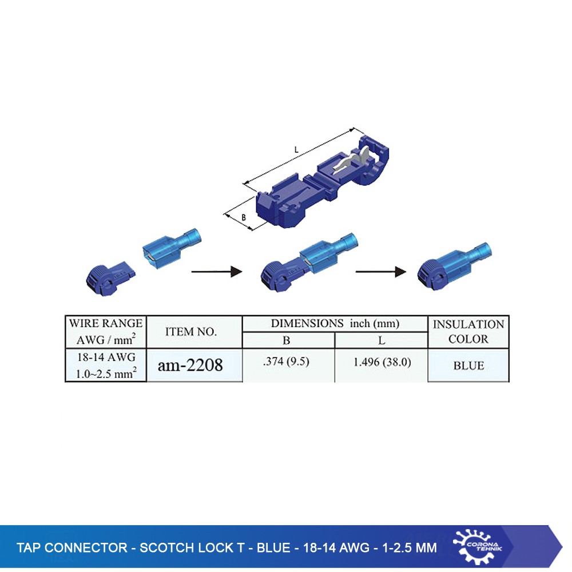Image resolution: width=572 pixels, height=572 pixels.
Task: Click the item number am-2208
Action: (x=190, y=364)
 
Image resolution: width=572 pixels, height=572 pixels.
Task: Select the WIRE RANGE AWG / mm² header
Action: (x=106, y=331)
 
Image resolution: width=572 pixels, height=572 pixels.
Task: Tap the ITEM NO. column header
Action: (x=191, y=331)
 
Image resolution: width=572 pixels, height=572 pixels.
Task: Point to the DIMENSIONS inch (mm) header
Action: (x=335, y=323)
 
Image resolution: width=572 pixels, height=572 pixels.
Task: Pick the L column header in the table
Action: (x=382, y=340)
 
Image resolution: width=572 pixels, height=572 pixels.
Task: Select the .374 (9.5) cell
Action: (x=288, y=362)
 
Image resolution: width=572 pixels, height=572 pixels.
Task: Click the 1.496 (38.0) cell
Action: (x=382, y=362)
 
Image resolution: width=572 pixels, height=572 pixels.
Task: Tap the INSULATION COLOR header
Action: (x=468, y=331)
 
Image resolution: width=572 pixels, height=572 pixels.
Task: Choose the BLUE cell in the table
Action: (x=468, y=366)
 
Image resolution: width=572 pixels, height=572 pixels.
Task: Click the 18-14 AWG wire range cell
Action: (x=106, y=365)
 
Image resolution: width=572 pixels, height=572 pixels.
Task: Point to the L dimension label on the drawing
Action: (x=296, y=149)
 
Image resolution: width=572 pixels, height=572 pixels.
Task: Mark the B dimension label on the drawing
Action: (x=244, y=217)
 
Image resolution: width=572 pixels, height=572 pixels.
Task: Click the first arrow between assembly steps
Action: (x=214, y=272)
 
